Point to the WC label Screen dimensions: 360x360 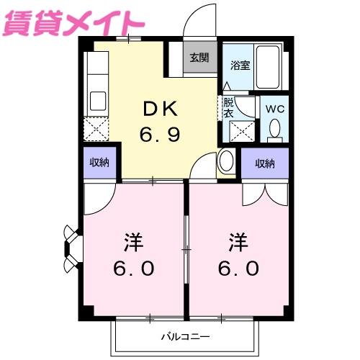click(274, 108)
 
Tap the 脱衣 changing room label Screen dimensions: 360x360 click(228, 107)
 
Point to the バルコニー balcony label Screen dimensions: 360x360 click(184, 336)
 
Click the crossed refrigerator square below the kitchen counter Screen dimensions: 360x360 click(96, 130)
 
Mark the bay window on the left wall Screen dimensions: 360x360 click(72, 249)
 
